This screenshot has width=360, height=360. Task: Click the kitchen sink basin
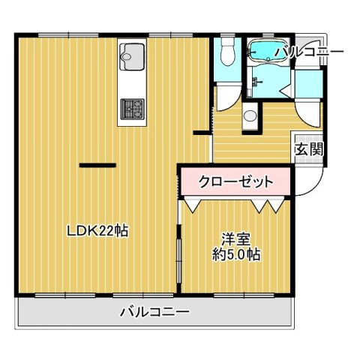pos(133,55)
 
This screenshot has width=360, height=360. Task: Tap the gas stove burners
pos(132,109)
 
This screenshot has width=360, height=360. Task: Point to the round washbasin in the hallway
pos(250,117)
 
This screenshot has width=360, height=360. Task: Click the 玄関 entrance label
pos(308,148)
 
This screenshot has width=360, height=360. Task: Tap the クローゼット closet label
pos(234,181)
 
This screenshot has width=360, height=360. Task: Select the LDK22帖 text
pos(97,232)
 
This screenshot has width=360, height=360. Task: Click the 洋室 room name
pos(235,240)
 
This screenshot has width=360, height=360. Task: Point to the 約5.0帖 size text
pos(235,255)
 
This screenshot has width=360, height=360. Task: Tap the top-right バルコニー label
pos(309,51)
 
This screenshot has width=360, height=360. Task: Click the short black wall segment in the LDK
pos(97,164)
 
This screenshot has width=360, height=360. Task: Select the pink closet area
pos(234,181)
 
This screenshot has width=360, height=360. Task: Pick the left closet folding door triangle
pos(192,202)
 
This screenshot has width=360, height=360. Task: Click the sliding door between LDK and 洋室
pos(178,255)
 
